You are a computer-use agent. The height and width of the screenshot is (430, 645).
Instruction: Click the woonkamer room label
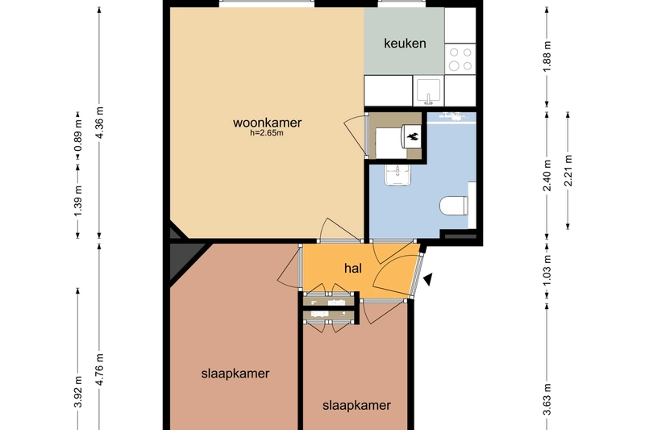click(x=267, y=123)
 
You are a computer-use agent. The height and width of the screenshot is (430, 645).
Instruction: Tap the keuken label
click(x=405, y=44)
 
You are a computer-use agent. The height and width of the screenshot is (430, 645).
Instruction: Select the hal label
click(x=353, y=269)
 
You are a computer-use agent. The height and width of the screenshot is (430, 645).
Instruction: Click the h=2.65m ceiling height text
click(x=267, y=133)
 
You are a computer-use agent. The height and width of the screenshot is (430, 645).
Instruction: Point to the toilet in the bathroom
click(x=454, y=206)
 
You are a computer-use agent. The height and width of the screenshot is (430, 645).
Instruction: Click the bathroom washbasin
click(x=397, y=175)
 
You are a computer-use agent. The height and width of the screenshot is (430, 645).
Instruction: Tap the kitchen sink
click(x=429, y=91)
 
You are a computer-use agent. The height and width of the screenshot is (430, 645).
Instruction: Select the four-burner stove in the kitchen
click(x=460, y=59)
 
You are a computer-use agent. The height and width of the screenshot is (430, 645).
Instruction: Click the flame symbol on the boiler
click(x=413, y=136)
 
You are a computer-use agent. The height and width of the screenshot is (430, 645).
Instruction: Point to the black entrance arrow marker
click(x=428, y=279)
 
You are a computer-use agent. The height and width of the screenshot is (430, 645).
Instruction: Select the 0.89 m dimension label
click(x=78, y=140)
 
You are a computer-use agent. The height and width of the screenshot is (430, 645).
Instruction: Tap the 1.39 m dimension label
click(x=78, y=201)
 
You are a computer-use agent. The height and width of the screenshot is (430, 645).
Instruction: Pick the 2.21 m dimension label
click(x=568, y=170)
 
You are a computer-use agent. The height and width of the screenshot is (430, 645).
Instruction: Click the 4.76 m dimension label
click(x=99, y=369)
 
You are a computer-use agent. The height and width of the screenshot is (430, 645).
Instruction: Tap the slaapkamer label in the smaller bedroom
click(x=356, y=405)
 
